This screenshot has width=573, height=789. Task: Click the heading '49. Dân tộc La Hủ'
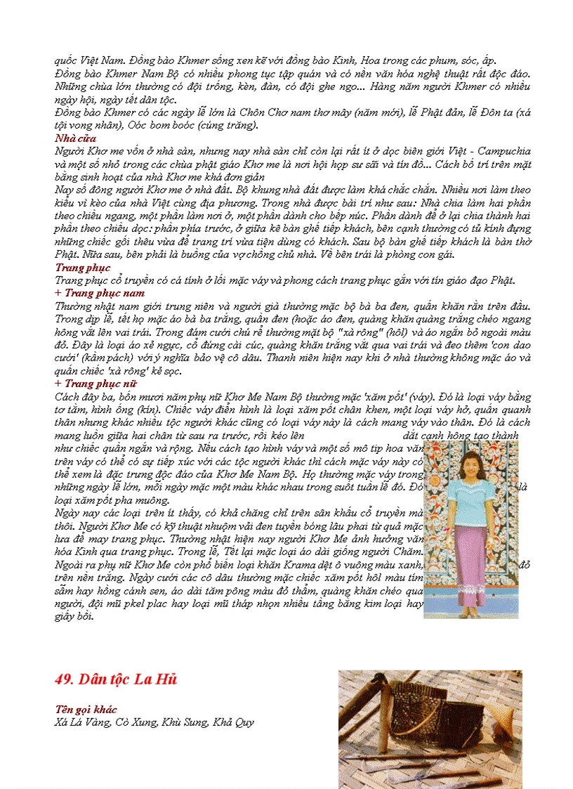pos(116,679)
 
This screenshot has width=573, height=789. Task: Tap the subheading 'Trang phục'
pos(77,268)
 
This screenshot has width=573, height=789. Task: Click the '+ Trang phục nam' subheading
pos(99,293)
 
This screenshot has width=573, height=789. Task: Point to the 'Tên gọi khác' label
pos(86,710)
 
